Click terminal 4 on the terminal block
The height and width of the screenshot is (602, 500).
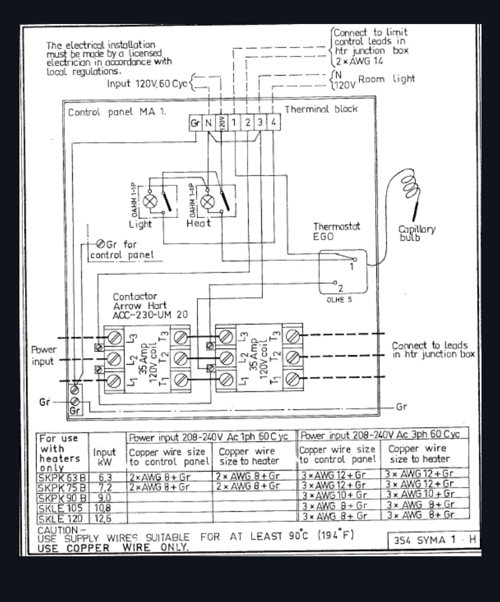click(x=274, y=122)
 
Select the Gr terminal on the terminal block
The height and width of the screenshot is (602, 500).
click(x=195, y=123)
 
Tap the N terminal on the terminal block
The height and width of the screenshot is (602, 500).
click(x=208, y=123)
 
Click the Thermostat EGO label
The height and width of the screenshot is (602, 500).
click(x=336, y=231)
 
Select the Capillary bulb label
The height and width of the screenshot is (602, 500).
click(x=416, y=233)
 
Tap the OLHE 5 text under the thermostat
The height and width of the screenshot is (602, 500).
click(x=339, y=300)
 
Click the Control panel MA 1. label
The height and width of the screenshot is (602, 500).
click(x=117, y=112)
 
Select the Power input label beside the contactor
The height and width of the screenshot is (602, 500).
click(x=44, y=355)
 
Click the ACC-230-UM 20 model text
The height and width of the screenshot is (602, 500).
click(x=150, y=315)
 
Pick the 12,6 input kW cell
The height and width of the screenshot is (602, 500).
click(x=103, y=519)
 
